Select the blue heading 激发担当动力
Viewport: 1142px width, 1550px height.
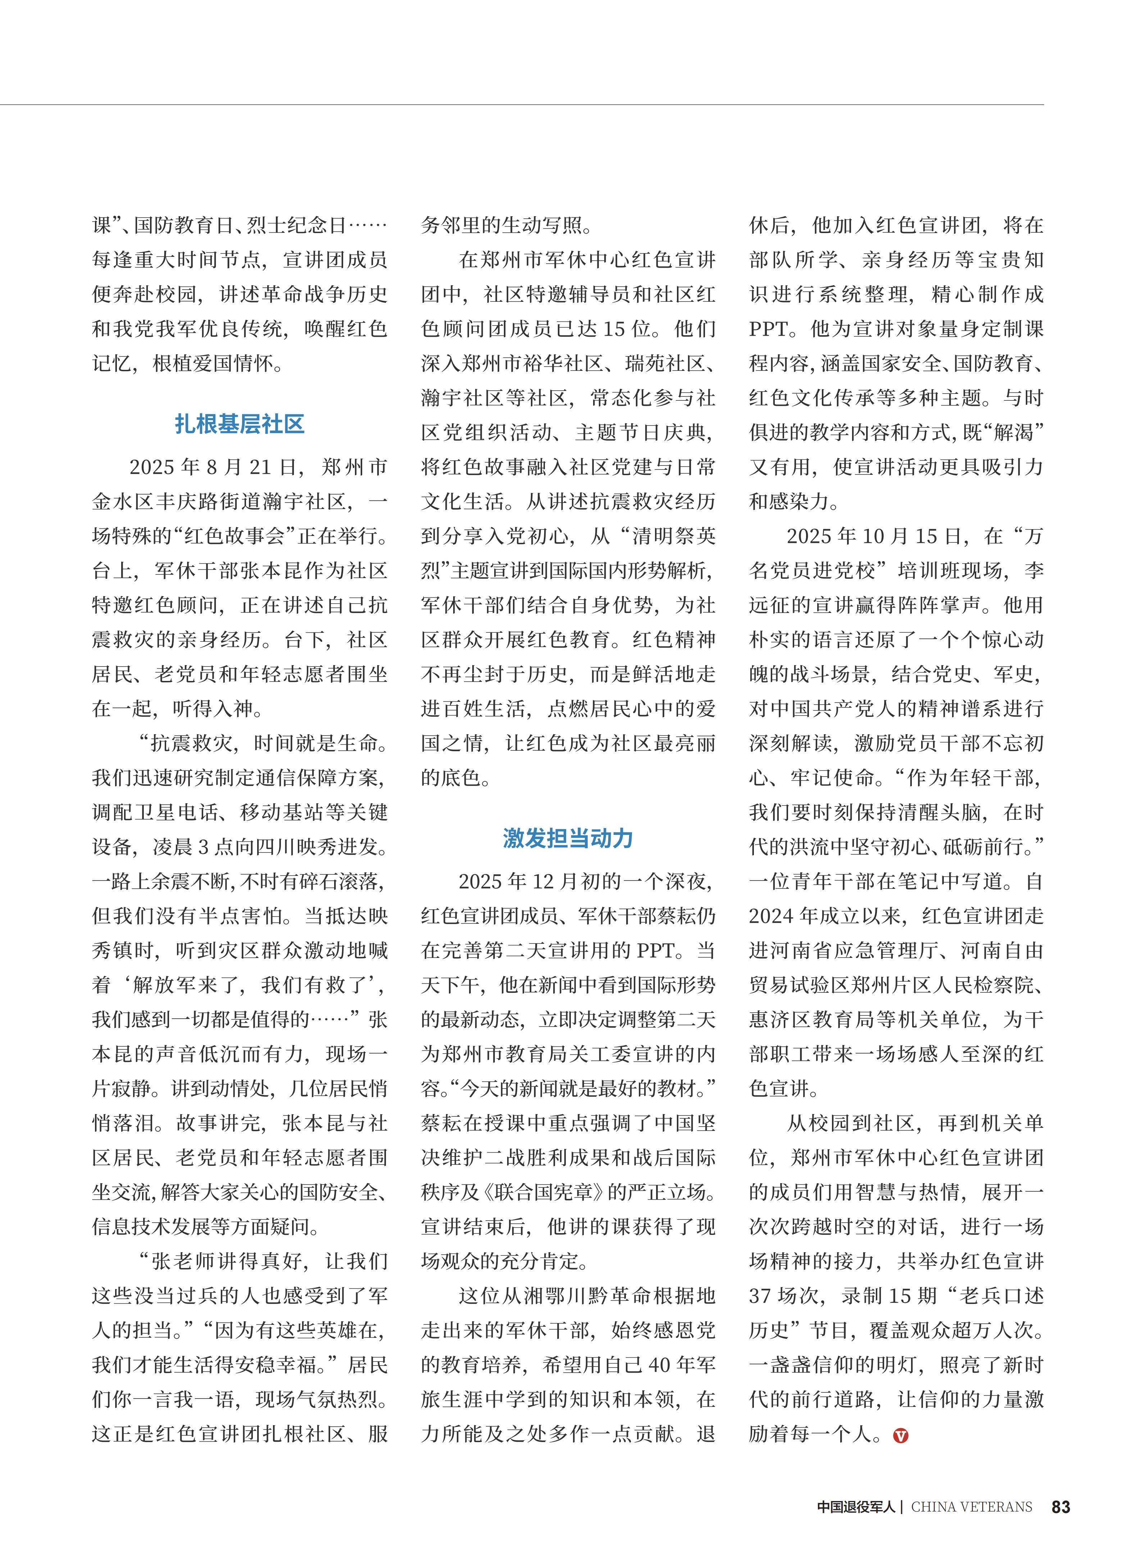click(568, 838)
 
